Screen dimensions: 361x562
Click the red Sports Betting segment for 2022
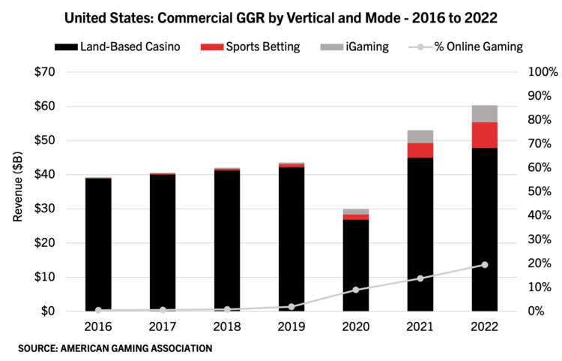[x=484, y=135]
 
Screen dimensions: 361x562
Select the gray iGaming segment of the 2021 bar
[x=420, y=137]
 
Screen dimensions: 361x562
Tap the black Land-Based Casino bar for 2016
[x=98, y=244]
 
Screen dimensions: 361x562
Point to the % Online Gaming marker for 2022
[x=484, y=265]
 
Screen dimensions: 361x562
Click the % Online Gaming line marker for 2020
[x=356, y=290]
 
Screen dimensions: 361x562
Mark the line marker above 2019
[x=291, y=306]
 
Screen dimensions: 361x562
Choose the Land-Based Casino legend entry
[x=116, y=47]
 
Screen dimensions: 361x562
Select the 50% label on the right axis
[x=540, y=191]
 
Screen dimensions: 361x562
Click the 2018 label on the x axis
[x=227, y=326]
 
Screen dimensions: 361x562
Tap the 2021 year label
[x=420, y=326]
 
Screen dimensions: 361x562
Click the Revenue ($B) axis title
[x=16, y=192]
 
